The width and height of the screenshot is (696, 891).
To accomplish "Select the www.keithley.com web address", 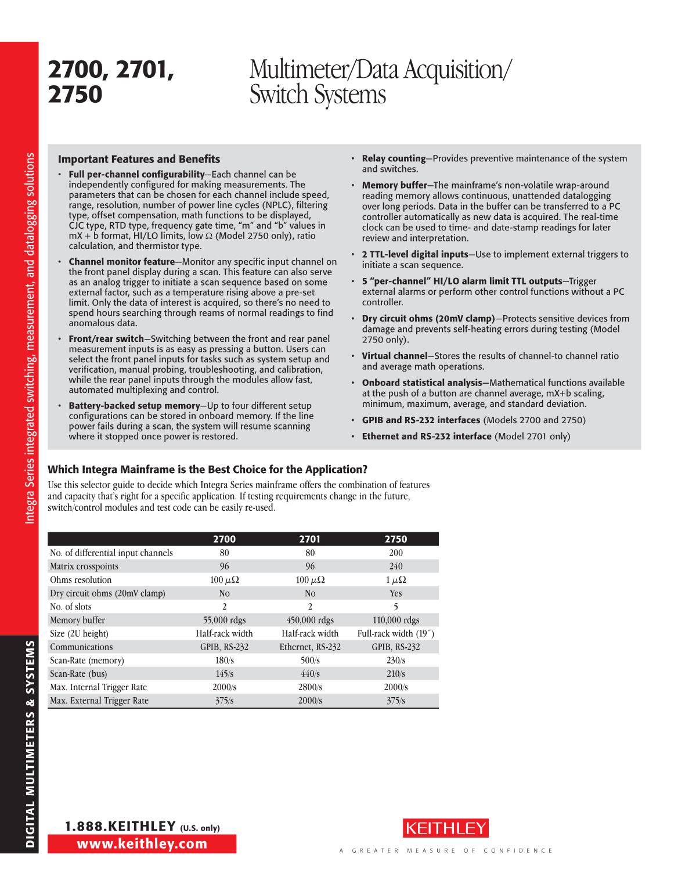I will [x=142, y=844].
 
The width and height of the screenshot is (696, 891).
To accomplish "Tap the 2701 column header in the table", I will [x=310, y=539].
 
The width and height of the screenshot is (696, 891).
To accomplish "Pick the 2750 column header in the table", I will [x=396, y=539].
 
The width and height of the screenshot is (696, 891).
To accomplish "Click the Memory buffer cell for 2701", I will [x=310, y=620].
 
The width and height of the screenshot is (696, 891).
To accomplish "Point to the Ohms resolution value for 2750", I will [x=396, y=580].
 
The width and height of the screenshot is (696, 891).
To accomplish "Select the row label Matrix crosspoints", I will [x=84, y=567].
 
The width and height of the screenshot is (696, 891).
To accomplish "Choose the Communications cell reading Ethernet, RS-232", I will [x=310, y=647].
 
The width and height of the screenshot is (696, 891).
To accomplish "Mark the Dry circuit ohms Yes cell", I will [x=396, y=593].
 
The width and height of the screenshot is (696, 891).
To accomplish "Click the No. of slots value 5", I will [x=396, y=607].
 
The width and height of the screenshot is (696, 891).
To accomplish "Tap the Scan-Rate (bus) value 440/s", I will [x=310, y=674].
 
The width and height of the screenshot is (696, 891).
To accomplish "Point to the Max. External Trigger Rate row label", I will [x=99, y=701].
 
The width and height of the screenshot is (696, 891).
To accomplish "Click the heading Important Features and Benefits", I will [x=139, y=159].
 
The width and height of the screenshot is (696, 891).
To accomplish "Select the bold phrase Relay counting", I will [x=394, y=158].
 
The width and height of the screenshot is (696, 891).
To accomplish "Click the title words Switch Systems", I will [x=318, y=95].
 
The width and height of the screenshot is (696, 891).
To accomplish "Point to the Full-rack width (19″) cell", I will [x=396, y=634].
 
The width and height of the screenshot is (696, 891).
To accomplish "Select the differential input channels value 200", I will [x=396, y=553].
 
